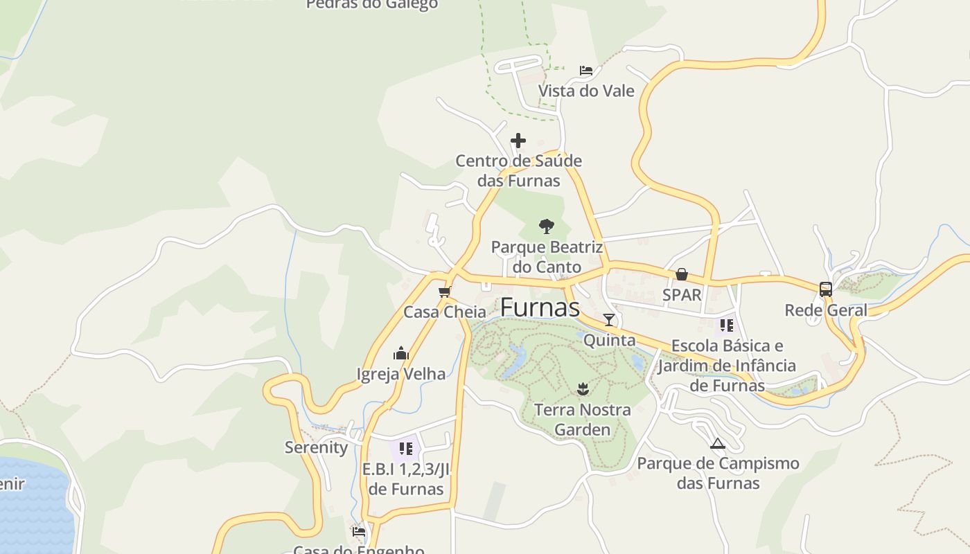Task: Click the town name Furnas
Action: point(540,307)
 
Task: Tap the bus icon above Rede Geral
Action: point(825,289)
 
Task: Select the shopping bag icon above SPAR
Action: point(682,274)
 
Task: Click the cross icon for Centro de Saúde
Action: point(518,141)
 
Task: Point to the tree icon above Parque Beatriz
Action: point(547,226)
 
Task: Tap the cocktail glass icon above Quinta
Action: point(609,319)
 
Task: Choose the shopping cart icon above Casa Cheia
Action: point(445,292)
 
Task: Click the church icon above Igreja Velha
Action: point(401,354)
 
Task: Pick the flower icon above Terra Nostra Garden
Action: point(582,388)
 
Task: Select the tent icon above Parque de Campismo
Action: point(718,443)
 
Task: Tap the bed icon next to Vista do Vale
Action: point(586,70)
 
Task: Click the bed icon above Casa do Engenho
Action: point(359,532)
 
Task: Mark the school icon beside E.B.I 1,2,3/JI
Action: point(406,448)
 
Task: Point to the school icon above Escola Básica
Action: point(726,325)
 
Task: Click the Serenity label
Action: point(317,447)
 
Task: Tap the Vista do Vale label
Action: point(586,91)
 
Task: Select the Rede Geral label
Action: point(825,310)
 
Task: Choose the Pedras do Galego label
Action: point(372,5)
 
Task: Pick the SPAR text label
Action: point(682,295)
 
